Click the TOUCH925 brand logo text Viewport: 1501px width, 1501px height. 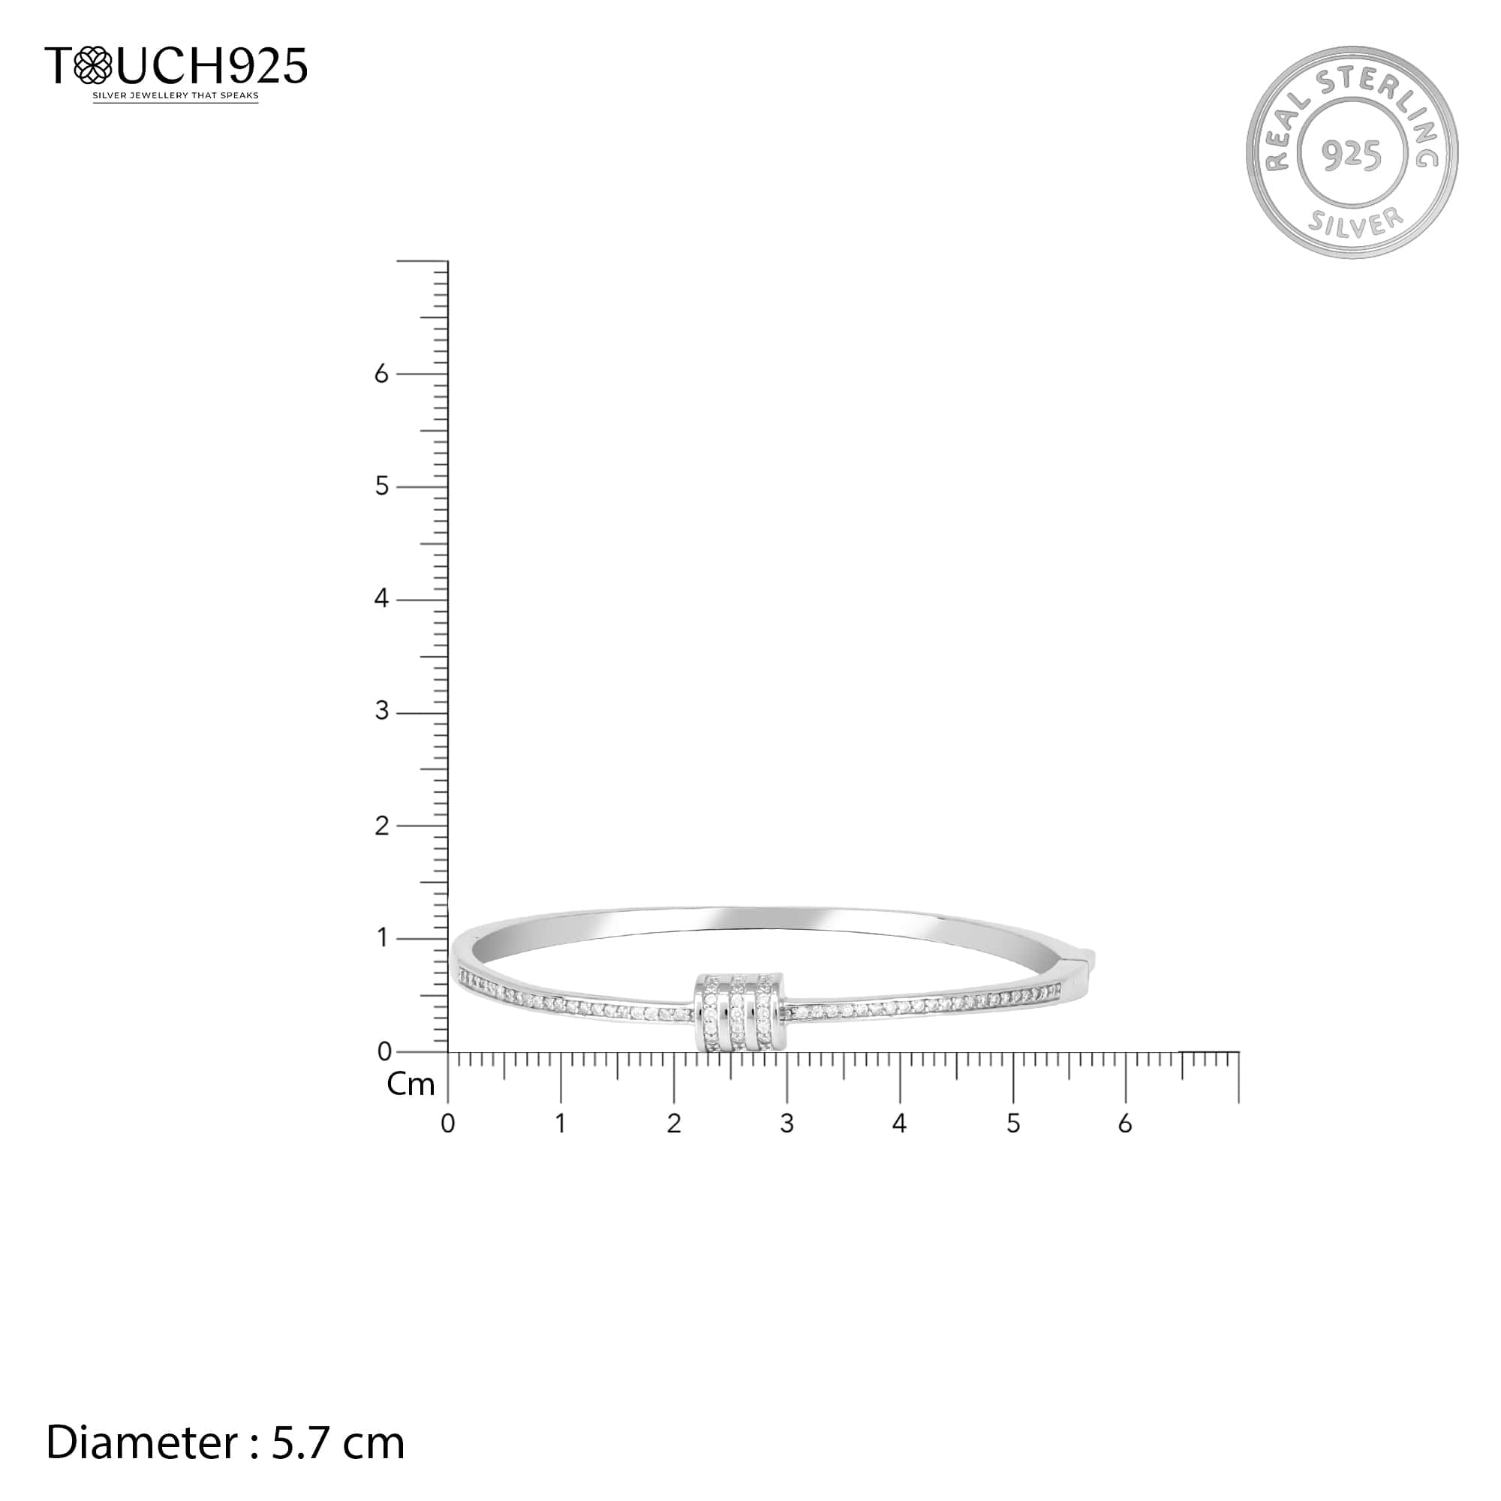click(176, 65)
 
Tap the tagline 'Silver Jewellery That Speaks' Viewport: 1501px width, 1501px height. click(176, 96)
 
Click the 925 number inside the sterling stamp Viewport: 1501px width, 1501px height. click(1352, 155)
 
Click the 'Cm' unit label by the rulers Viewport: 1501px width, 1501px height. click(411, 1084)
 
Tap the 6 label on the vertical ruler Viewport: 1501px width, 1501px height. click(381, 374)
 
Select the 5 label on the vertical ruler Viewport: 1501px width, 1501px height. click(381, 486)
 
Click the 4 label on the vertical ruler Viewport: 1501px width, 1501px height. click(381, 598)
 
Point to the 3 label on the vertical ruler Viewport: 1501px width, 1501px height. click(381, 711)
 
